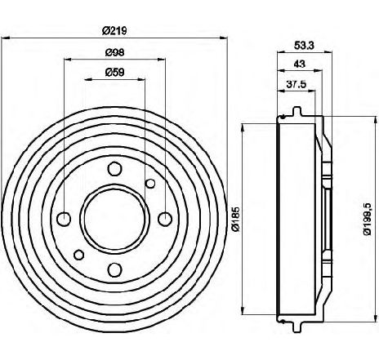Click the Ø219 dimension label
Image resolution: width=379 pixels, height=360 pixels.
tap(114, 30)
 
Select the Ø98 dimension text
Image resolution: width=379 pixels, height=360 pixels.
tap(114, 52)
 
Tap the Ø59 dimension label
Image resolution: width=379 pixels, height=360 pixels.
tap(114, 73)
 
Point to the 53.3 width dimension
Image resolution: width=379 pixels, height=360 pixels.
tap(304, 45)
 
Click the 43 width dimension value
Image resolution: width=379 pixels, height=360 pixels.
tap(300, 64)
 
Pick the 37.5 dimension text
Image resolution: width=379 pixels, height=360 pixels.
tap(297, 84)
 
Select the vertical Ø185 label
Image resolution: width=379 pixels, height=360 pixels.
tap(235, 219)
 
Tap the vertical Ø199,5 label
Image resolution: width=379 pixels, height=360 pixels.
tap(368, 219)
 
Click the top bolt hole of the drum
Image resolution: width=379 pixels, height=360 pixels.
tap(114, 169)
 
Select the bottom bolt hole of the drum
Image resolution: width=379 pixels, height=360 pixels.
tap(114, 269)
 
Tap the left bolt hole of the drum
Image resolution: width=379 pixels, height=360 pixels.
tap(65, 219)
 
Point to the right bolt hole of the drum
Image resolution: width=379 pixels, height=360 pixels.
tap(165, 219)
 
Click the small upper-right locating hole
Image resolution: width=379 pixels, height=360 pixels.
tap(150, 184)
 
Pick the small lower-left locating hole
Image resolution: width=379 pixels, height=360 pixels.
tap(79, 255)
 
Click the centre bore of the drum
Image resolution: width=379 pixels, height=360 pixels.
tap(114, 219)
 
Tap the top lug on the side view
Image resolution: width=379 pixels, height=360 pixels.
tap(297, 111)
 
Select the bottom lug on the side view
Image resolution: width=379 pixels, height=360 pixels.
tap(297, 327)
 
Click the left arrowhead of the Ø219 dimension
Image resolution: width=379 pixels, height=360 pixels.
tap(6, 38)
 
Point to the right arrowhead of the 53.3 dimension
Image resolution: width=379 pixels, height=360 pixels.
tap(328, 51)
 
